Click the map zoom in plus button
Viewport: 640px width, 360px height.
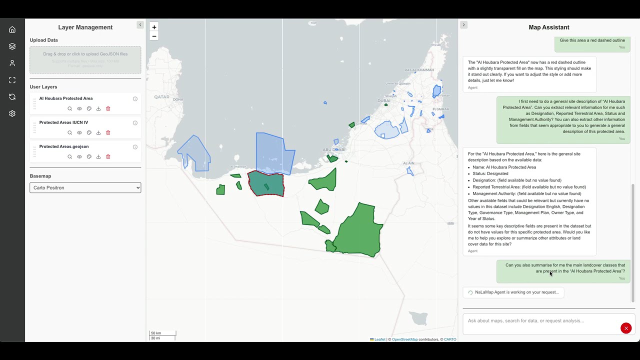pos(154,27)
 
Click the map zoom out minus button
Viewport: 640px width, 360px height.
pos(154,36)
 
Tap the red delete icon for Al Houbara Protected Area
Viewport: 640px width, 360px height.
pos(108,108)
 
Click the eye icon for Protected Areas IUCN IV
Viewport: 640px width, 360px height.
pos(79,132)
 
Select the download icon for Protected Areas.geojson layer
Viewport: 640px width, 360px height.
pos(98,156)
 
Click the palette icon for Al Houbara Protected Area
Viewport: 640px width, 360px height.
pos(89,108)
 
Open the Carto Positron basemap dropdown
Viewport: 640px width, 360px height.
pos(85,187)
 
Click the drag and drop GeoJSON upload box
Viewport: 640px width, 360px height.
pos(85,60)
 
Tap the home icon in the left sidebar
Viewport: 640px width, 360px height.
pos(12,29)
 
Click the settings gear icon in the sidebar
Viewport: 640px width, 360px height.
pos(12,113)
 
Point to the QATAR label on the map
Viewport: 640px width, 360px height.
pos(161,97)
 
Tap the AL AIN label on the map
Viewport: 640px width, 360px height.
pos(408,163)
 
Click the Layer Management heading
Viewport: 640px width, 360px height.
pos(85,27)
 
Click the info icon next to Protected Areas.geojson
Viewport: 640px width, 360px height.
pos(135,147)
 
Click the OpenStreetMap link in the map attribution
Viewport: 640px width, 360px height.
pos(404,339)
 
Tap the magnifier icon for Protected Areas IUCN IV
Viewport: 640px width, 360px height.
pos(69,132)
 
